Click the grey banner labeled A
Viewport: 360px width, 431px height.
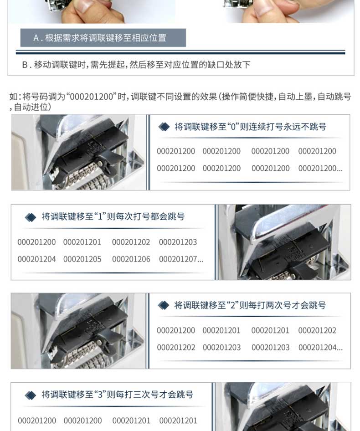point(103,38)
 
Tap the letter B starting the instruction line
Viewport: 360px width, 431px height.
point(25,65)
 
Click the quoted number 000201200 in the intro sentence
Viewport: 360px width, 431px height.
point(92,97)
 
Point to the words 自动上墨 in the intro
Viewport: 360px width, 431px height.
point(295,97)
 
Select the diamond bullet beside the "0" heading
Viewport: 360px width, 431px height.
point(164,127)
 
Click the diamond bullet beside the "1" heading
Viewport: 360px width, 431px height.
point(30,217)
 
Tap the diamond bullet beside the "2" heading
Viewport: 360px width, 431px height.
point(164,305)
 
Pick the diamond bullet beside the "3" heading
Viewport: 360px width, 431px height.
point(30,395)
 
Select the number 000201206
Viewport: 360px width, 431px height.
point(131,259)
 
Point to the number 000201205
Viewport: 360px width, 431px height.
point(82,259)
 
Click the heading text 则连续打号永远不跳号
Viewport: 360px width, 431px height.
point(283,127)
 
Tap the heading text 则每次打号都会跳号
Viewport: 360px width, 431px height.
point(145,216)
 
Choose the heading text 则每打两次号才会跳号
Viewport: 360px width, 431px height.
point(283,305)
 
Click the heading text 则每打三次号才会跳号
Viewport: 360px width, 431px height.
point(150,395)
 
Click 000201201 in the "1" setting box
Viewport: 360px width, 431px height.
point(82,242)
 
